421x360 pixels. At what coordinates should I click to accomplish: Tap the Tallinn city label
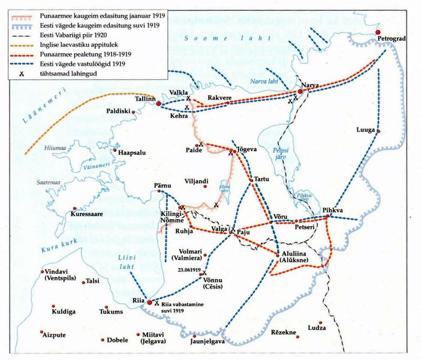tap(144, 98)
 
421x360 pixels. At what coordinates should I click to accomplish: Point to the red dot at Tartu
tap(252, 178)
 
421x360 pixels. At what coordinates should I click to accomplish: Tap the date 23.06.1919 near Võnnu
tap(189, 270)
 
